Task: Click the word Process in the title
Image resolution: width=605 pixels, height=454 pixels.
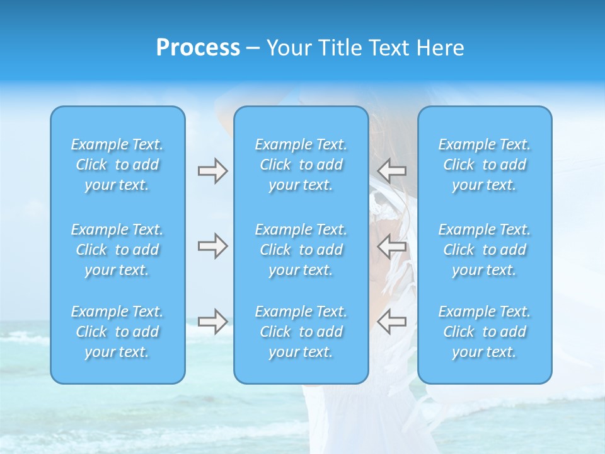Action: pos(198,48)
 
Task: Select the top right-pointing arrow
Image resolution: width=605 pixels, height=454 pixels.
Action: pos(212,170)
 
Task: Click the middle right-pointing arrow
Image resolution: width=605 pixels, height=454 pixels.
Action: pos(212,246)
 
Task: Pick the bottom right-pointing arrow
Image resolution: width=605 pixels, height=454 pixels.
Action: pos(212,322)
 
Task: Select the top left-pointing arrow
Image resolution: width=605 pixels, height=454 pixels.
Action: pos(391,170)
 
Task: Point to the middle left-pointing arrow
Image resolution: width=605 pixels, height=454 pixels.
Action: pos(391,246)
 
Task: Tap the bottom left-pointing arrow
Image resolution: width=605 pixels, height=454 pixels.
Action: pos(391,322)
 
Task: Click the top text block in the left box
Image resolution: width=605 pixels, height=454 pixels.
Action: pos(117,165)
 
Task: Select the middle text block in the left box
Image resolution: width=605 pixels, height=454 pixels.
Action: pos(117,250)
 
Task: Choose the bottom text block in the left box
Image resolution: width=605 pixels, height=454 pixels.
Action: pos(117,332)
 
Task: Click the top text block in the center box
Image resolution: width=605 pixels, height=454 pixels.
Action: pos(301,165)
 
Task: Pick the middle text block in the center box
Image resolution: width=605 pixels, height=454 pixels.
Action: pos(301,250)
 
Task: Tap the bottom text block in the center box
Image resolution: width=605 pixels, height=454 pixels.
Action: pos(301,332)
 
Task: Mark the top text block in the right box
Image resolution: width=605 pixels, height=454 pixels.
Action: pos(485,165)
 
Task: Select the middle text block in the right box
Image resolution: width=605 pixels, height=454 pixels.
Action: pos(485,250)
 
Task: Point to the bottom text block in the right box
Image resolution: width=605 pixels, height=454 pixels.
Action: pos(485,332)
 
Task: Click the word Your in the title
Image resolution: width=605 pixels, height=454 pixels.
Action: pos(288,48)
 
